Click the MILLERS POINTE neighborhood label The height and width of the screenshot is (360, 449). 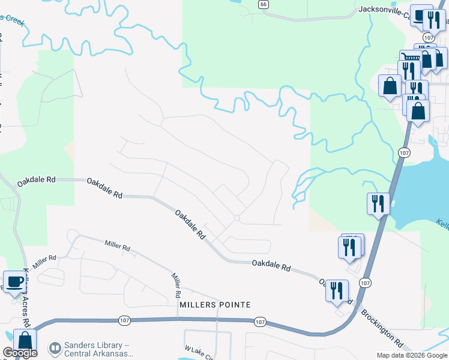[214, 305]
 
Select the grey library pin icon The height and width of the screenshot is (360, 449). [55, 348]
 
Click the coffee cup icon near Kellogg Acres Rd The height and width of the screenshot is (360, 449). [14, 280]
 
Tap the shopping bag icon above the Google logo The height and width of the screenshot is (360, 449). [25, 340]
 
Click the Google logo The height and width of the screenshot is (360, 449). [20, 353]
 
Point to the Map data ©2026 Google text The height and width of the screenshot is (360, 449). [412, 355]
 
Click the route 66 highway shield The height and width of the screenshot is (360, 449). [263, 4]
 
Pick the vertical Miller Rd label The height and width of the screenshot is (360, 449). [176, 286]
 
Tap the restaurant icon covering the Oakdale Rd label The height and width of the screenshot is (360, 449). [337, 290]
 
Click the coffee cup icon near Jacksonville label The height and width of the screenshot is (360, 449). [421, 16]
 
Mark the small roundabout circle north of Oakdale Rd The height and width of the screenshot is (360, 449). [237, 218]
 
